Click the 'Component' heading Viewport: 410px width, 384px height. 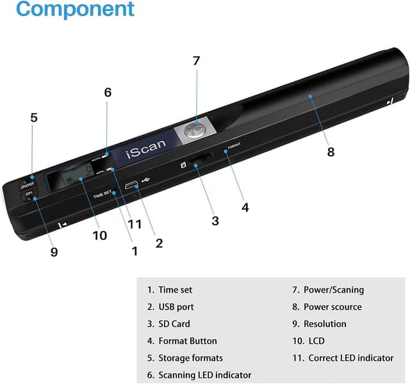click(76, 10)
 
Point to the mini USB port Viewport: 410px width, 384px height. click(133, 186)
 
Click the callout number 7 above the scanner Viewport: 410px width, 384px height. click(196, 61)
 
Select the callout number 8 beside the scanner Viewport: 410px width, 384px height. click(331, 152)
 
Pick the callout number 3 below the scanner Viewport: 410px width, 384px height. click(215, 221)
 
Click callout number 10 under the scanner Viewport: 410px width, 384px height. click(99, 235)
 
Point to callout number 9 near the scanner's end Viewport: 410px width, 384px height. click(54, 252)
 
